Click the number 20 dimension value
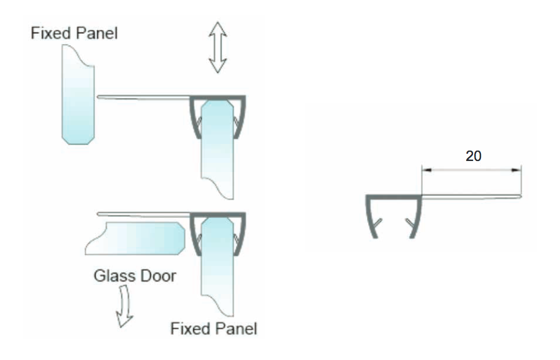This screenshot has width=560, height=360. [474, 156]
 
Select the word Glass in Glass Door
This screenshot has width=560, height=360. [114, 276]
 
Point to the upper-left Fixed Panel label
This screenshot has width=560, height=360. [74, 32]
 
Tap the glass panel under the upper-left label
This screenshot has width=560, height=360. [78, 95]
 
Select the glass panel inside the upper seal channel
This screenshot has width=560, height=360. [218, 147]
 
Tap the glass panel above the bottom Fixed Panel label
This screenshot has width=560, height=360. [218, 269]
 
